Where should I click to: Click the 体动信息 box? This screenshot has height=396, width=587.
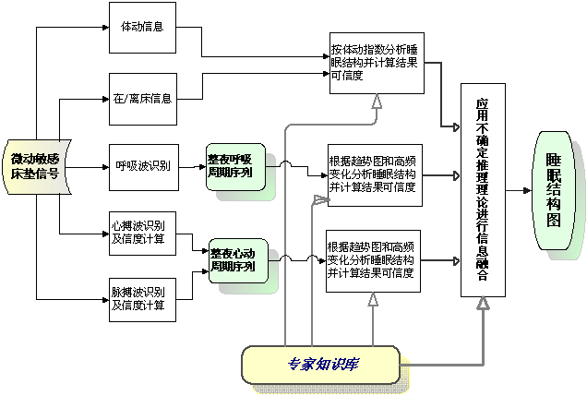[x=142, y=26]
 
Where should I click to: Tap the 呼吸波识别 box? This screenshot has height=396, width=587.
[x=142, y=166]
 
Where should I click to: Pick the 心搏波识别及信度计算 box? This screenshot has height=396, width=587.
[x=142, y=232]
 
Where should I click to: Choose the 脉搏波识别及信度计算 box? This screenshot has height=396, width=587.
[x=142, y=298]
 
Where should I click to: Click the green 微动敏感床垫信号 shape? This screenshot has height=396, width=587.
[x=36, y=166]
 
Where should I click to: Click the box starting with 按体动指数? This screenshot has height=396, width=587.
[x=377, y=63]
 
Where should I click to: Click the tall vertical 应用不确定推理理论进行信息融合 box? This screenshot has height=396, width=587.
[x=483, y=190]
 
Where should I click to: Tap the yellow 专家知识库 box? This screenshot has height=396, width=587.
[x=321, y=364]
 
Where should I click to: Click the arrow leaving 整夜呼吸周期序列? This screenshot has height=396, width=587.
[x=295, y=168]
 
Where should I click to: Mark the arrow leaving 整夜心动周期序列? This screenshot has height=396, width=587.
[x=295, y=261]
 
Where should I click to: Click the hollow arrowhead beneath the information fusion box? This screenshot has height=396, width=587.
[x=483, y=303]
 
